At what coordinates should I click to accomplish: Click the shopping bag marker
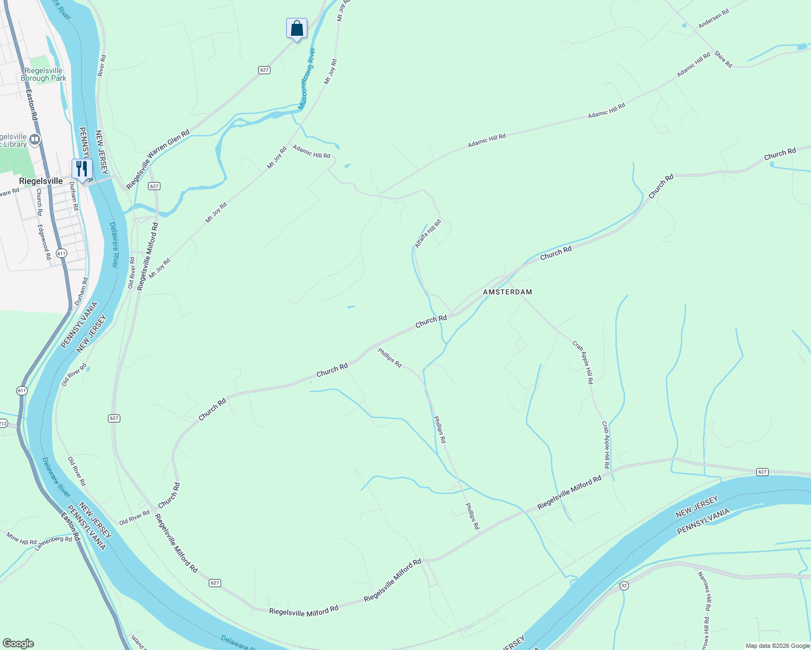click(x=297, y=28)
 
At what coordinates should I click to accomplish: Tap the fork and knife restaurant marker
click(x=82, y=169)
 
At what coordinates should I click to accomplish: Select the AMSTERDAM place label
click(x=507, y=292)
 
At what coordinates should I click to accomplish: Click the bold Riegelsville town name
click(x=41, y=181)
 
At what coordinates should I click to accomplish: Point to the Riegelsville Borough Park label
click(x=43, y=74)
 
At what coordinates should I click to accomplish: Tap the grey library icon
click(x=35, y=140)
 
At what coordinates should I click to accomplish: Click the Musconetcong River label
click(x=307, y=79)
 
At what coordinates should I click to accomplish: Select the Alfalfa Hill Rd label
click(x=428, y=233)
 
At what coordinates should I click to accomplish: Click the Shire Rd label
click(x=723, y=59)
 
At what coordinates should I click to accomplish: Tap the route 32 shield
click(x=624, y=586)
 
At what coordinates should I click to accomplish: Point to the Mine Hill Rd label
click(x=22, y=538)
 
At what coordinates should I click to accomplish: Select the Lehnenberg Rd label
click(x=53, y=543)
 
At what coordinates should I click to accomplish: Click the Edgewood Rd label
click(x=44, y=242)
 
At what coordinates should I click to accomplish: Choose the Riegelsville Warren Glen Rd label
click(x=158, y=159)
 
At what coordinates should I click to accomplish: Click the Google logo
click(x=18, y=643)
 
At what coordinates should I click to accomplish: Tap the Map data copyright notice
click(x=777, y=646)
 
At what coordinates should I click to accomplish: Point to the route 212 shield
click(x=3, y=423)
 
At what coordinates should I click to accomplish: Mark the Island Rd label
click(x=138, y=642)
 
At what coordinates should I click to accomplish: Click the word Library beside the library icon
click(x=14, y=144)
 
